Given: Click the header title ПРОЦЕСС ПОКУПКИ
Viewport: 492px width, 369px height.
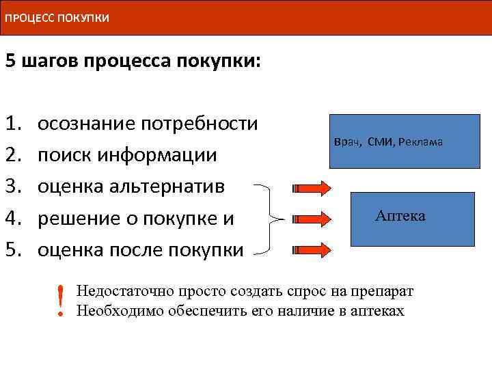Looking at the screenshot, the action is click(x=57, y=17).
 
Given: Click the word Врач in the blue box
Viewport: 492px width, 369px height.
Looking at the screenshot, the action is click(x=348, y=142).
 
